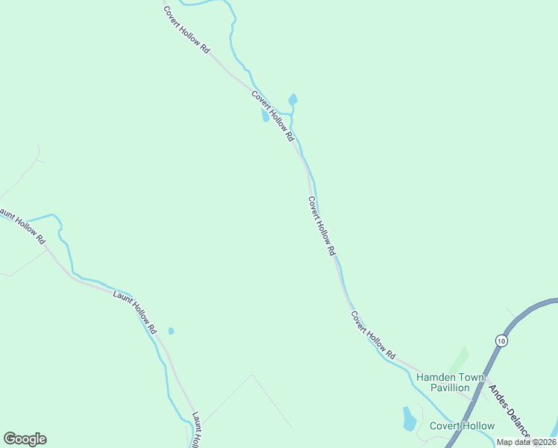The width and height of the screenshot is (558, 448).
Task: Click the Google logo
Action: [x=25, y=439]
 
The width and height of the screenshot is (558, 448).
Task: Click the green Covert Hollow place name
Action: [x=462, y=426]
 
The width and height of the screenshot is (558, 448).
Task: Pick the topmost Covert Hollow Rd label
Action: [x=186, y=29]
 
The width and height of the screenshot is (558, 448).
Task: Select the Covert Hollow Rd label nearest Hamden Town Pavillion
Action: [x=373, y=333]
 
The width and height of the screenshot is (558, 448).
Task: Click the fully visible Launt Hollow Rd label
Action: [x=135, y=311]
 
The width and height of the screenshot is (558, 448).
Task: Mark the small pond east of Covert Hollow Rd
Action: [x=293, y=99]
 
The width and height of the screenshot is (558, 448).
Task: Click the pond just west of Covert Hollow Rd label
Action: [x=265, y=116]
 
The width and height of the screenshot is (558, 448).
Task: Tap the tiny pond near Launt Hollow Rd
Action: [x=171, y=331]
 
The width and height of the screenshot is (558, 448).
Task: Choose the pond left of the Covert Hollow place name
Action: [x=410, y=419]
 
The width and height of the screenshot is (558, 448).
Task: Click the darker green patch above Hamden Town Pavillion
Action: [x=460, y=359]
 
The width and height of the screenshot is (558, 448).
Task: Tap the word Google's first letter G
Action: [x=9, y=439]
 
